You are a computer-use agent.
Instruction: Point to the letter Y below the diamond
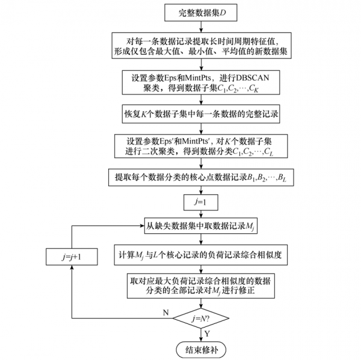pyautogui.click(x=208, y=333)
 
